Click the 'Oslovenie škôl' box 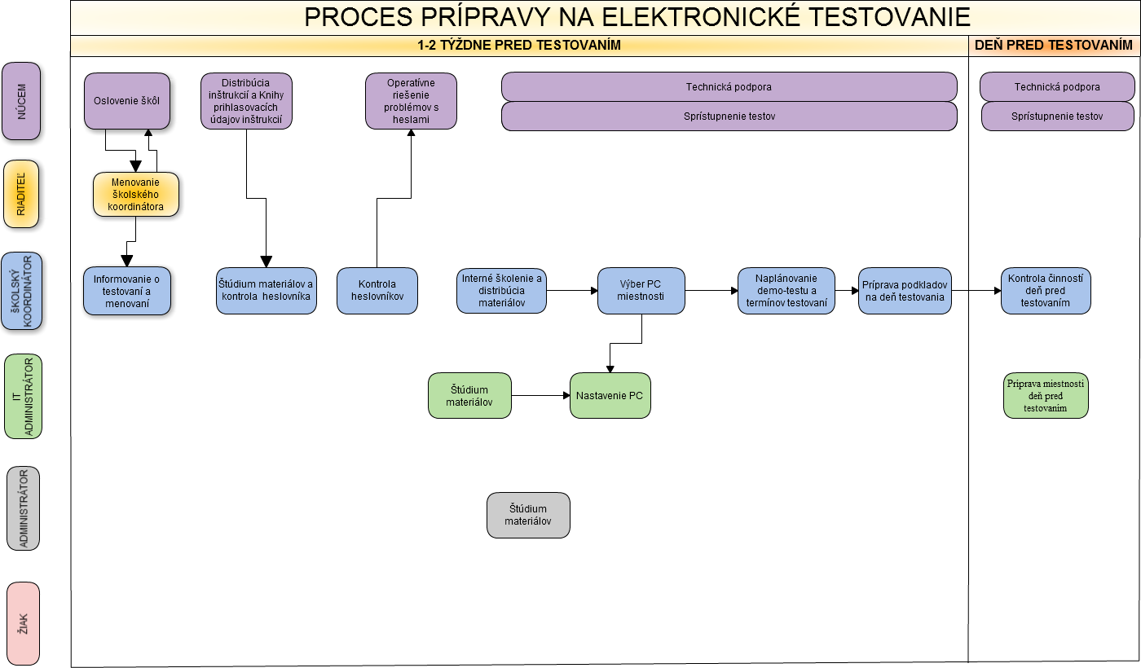127,101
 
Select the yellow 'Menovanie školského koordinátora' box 136,195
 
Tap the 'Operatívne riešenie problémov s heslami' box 411,101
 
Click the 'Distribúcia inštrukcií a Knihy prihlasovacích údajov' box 246,101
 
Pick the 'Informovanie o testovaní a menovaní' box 127,291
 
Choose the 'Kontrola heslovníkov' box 377,291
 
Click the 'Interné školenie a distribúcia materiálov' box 501,291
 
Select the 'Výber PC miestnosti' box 641,291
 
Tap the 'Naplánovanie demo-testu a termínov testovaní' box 786,291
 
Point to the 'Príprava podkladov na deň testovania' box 905,291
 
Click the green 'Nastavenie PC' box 610,395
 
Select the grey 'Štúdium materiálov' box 528,515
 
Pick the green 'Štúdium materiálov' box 469,395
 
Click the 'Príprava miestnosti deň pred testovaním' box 1046,395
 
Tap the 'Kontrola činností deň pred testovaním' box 1046,291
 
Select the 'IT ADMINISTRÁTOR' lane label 23,397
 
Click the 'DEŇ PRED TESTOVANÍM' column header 1055,46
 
